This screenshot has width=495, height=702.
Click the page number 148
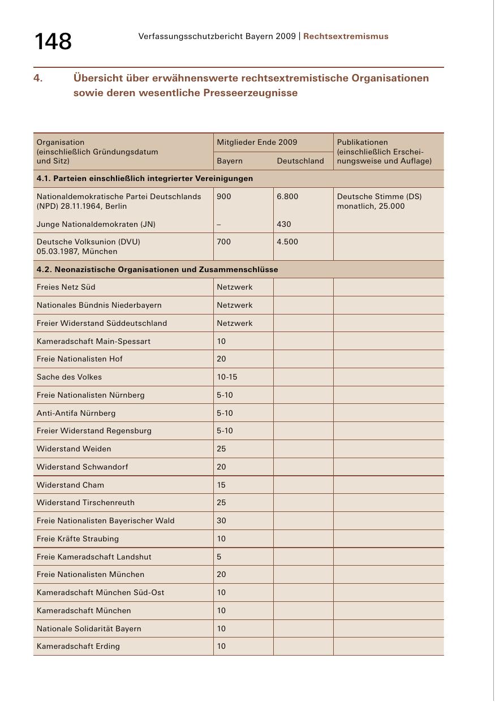53,41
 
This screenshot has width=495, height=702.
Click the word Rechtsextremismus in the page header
346,36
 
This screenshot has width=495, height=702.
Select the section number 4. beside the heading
38,78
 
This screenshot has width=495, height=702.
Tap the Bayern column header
230,161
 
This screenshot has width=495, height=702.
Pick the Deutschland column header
300,161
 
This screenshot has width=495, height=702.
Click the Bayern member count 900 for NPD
224,196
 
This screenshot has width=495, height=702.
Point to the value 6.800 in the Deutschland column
287,196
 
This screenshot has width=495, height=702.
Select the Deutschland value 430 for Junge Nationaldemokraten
284,224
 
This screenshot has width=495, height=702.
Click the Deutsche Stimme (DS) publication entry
379,196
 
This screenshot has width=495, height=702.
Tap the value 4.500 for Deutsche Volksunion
287,242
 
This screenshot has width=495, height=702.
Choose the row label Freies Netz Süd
66,287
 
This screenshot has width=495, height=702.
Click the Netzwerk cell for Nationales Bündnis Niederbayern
235,305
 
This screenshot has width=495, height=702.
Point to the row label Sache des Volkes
69,377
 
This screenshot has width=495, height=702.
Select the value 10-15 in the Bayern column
227,377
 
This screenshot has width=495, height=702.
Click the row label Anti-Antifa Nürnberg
76,413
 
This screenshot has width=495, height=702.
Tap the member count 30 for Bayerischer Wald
221,520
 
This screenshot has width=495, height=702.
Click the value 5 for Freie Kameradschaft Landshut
219,557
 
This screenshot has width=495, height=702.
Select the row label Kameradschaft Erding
78,646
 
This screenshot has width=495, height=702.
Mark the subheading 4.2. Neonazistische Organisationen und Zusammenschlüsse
157,269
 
